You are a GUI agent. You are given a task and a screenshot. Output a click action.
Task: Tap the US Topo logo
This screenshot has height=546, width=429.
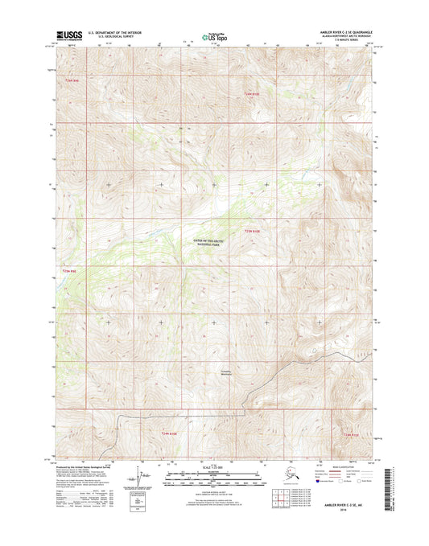point(213,35)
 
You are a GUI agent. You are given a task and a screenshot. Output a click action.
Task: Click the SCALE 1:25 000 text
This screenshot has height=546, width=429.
point(213,468)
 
